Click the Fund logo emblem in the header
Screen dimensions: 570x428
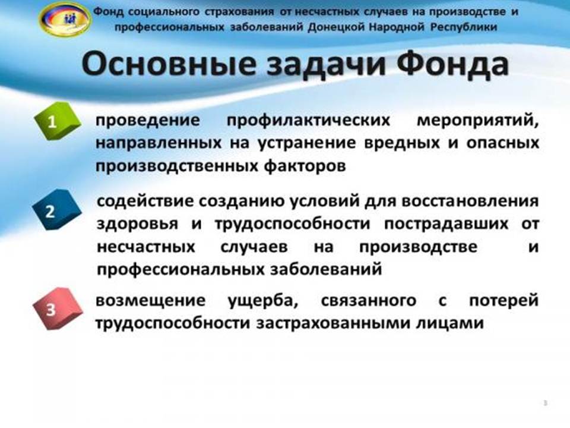tap(65, 19)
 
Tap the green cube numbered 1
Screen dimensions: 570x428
tap(57, 121)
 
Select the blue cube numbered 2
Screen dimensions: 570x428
tap(57, 210)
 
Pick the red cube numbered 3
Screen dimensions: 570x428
tap(58, 309)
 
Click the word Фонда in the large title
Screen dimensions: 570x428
tap(452, 65)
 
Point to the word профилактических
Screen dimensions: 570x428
tap(308, 121)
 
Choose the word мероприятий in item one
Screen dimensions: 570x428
tap(477, 121)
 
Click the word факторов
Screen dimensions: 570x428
tap(305, 166)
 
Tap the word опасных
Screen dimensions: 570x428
tap(502, 143)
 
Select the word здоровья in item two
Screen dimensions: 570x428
tap(137, 225)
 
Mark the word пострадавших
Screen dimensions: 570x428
tap(446, 225)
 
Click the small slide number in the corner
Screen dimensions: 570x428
tap(545, 403)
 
